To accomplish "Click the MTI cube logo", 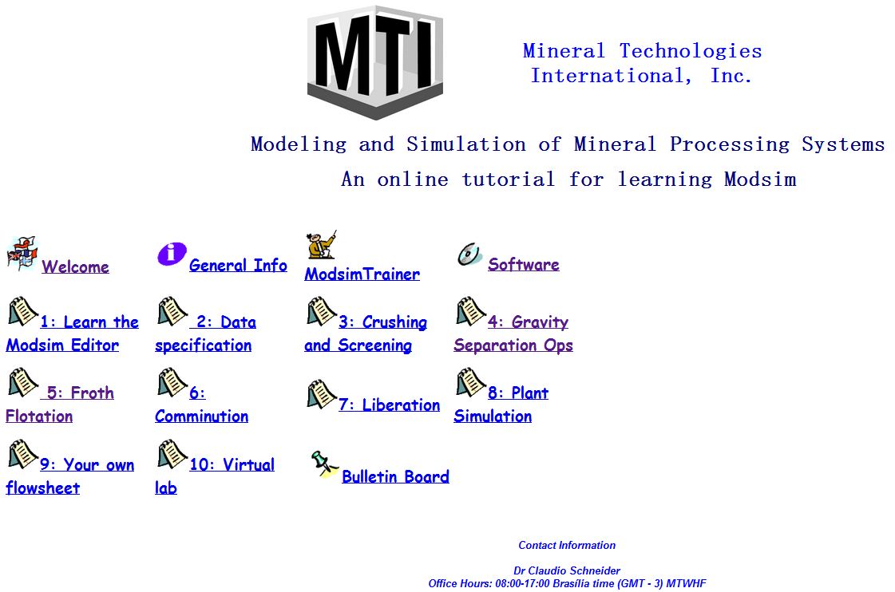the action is tap(375, 62).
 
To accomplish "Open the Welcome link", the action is tap(75, 266).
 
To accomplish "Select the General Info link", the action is tap(238, 265).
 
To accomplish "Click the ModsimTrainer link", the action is tap(362, 274).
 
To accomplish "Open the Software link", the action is tap(524, 265).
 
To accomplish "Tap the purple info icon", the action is tap(172, 253).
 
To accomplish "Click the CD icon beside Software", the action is tap(469, 255).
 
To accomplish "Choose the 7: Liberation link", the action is tap(390, 405).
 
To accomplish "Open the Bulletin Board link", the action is tap(395, 477).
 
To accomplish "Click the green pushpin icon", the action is tap(324, 463).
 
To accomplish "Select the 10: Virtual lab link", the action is tap(215, 476).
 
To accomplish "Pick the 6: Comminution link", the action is tap(201, 405).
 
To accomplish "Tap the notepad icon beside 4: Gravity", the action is tap(470, 311).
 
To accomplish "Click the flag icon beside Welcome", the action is tap(22, 253).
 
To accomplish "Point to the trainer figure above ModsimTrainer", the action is tap(322, 245).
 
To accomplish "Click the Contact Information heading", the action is tap(567, 545).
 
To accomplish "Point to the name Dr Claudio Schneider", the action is tap(567, 570).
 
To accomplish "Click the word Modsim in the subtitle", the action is tap(760, 179).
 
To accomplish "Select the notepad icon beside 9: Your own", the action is tap(22, 454).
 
